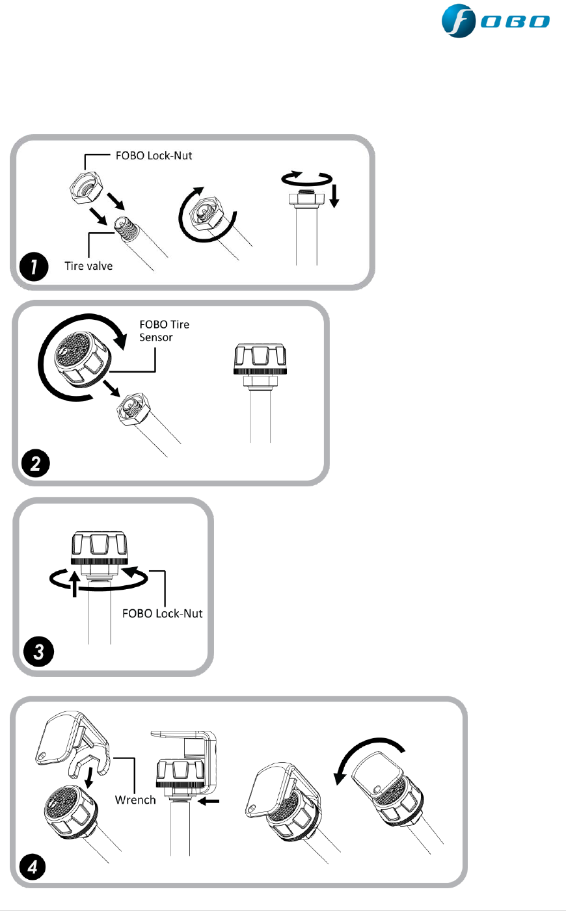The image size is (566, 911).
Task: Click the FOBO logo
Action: point(496,22)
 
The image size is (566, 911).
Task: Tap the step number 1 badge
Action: point(32,268)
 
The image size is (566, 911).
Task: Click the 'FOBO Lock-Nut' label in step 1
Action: point(154,156)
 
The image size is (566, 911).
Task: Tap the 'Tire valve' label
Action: point(88,265)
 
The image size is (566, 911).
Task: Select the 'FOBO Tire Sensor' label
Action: point(164,330)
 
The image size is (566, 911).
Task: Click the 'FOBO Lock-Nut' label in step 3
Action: point(163,613)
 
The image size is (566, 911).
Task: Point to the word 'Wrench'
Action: point(135,800)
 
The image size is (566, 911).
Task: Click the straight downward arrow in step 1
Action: point(334,195)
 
